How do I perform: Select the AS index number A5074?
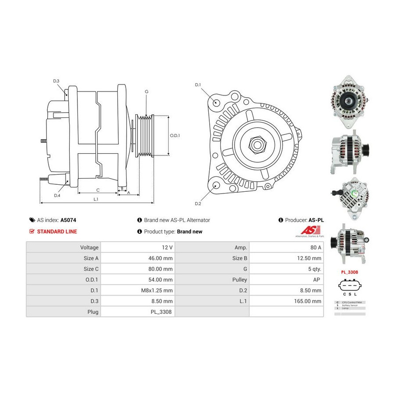tap(68, 220)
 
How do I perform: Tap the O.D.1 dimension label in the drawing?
tap(175, 135)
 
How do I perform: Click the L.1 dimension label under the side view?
tap(96, 199)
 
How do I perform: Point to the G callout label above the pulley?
tap(146, 91)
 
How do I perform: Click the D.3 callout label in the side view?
tap(56, 81)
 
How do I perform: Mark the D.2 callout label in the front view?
tap(197, 204)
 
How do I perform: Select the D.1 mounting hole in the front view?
tap(216, 102)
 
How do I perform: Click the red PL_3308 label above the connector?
tap(349, 272)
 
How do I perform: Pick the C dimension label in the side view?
tap(98, 190)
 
